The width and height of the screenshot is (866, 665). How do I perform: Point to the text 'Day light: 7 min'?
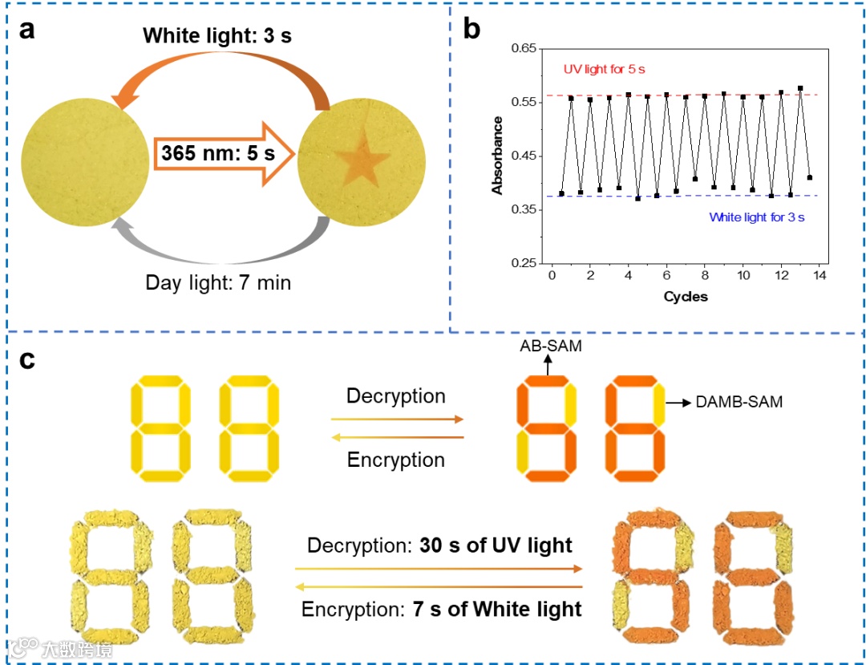tap(218, 282)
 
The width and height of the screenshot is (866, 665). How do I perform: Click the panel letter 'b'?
tap(472, 30)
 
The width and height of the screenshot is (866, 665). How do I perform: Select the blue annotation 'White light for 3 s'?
tap(757, 217)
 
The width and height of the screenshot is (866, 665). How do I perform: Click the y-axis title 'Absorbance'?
tap(498, 156)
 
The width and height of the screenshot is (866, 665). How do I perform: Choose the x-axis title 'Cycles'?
tap(685, 297)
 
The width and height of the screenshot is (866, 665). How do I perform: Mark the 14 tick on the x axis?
tap(819, 276)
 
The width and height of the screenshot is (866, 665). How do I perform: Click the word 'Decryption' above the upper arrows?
tap(395, 396)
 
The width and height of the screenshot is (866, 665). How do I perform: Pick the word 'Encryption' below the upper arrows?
tap(395, 460)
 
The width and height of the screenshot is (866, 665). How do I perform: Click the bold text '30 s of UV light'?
tap(496, 546)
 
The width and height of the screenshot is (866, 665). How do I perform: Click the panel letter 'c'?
tap(27, 360)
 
